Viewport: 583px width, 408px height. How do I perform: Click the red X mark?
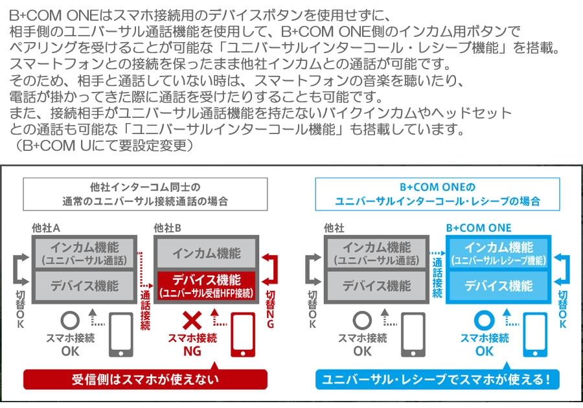[191, 322]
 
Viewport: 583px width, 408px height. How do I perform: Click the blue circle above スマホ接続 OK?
[484, 322]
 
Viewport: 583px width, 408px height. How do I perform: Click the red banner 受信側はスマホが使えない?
[145, 380]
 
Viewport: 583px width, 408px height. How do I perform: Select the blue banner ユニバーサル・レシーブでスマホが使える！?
[437, 380]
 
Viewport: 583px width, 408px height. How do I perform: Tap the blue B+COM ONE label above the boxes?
[479, 228]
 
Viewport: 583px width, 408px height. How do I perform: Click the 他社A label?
[46, 228]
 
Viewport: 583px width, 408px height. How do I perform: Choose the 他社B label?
[168, 228]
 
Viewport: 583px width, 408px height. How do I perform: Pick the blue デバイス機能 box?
[499, 286]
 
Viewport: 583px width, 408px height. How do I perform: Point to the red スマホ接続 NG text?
[192, 344]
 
